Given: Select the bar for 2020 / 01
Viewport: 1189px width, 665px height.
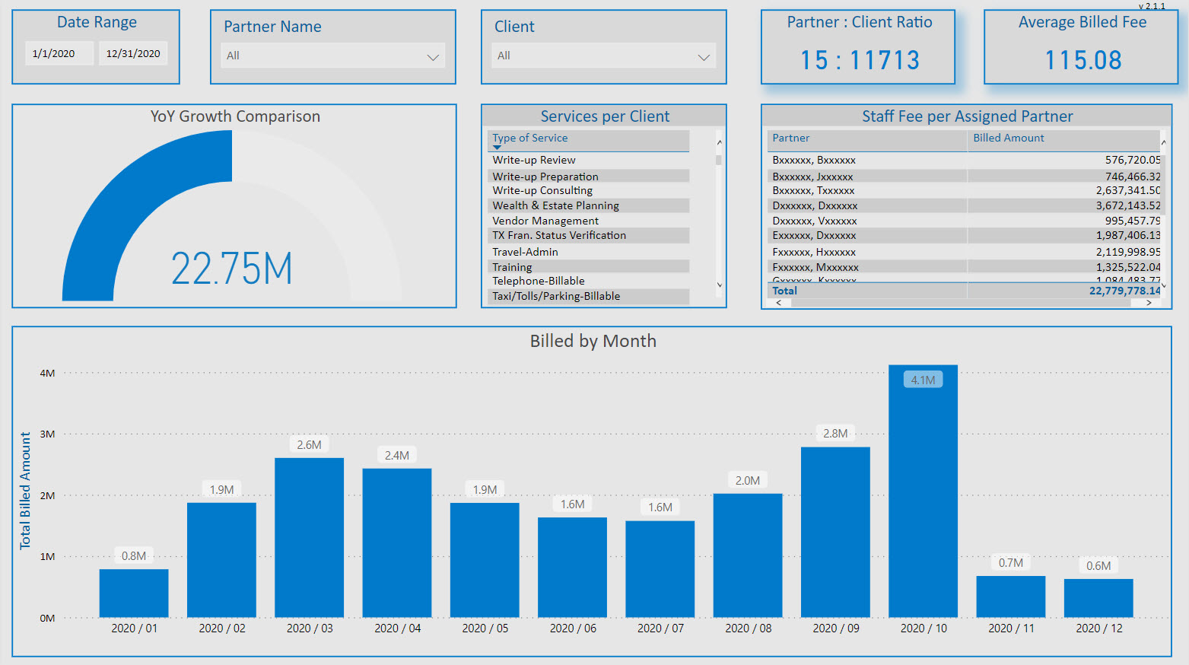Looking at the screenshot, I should pos(134,593).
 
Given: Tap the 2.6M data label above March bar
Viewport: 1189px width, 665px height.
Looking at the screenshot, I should pos(309,445).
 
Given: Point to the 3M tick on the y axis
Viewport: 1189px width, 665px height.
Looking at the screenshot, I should pos(47,434).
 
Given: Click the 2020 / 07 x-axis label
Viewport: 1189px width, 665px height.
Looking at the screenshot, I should pos(660,628).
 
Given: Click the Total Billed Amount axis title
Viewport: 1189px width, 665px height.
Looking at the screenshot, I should pos(25,491).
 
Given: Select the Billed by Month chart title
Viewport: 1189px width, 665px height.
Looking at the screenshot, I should pos(593,341).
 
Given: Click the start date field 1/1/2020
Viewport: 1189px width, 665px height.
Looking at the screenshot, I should pos(54,53).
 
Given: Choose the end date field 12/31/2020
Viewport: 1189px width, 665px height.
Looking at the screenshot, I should pos(133,53).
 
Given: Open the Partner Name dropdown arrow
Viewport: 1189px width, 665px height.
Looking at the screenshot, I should pos(433,57).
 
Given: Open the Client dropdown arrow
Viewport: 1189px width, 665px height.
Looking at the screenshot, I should pos(704,57).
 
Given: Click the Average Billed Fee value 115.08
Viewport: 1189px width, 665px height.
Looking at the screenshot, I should pos(1082,60).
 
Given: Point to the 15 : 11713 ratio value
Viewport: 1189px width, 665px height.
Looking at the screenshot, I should pos(860,60).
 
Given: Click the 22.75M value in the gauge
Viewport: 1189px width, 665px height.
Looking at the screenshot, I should pos(232,269).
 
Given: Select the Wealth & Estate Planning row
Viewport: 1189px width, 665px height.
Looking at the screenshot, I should pos(555,205).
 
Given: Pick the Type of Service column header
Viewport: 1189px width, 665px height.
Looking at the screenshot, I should pos(529,138).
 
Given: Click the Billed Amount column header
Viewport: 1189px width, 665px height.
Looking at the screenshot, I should pos(1009,138).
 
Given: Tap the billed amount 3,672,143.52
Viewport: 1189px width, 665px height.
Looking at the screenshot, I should pos(1127,205).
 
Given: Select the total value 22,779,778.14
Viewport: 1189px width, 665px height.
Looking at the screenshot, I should pos(1124,291).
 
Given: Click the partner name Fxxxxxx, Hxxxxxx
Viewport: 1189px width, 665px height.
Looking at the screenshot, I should pos(814,252).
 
